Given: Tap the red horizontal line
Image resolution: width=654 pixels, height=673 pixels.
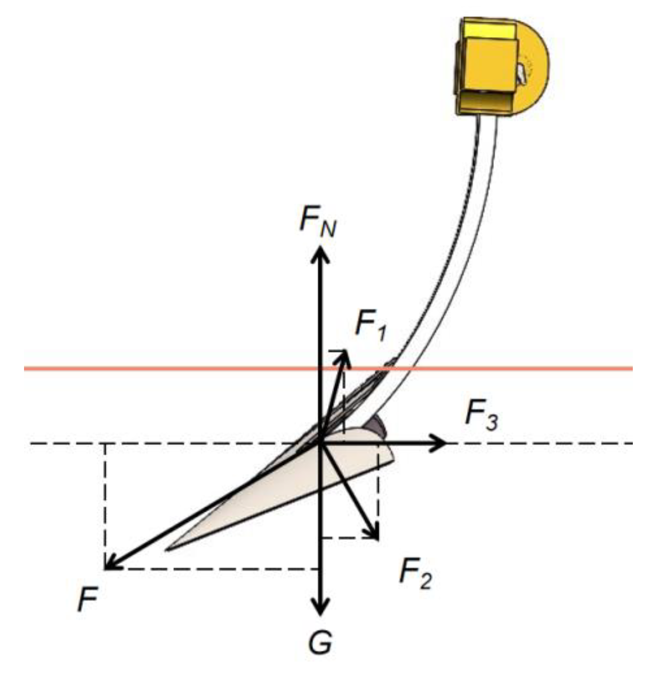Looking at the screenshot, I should coord(172,369).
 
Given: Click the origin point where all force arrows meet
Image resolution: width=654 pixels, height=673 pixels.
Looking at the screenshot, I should coord(321,443).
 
